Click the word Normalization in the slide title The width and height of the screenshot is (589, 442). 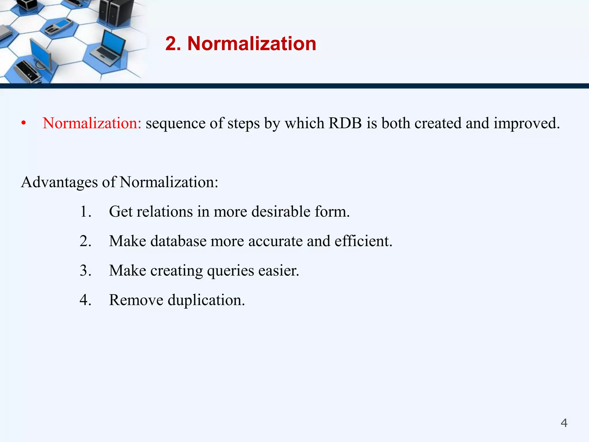click(x=252, y=44)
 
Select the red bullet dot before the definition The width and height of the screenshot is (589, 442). click(x=24, y=123)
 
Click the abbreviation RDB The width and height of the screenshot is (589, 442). click(x=345, y=123)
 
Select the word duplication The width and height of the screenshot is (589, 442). click(x=206, y=300)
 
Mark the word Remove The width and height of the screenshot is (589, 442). click(x=136, y=300)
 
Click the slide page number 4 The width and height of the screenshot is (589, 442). click(x=564, y=423)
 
